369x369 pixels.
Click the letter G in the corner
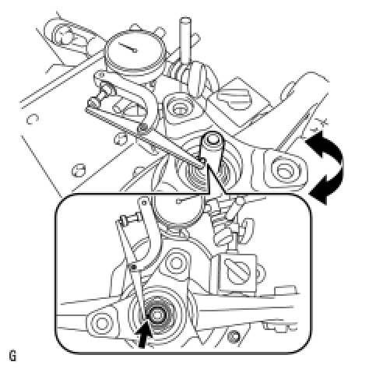[x=12, y=356]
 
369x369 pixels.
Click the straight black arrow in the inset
[x=144, y=335]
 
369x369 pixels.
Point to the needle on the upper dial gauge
[x=128, y=47]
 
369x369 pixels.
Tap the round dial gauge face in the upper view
[x=135, y=51]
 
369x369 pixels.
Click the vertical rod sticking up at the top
[x=185, y=40]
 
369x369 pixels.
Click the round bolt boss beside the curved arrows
[x=284, y=170]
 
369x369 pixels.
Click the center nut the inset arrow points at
[x=156, y=315]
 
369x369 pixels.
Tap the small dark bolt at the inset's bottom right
[x=234, y=336]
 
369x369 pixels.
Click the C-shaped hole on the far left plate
[x=33, y=119]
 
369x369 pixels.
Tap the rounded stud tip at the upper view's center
[x=213, y=139]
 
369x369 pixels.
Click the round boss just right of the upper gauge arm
[x=178, y=107]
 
